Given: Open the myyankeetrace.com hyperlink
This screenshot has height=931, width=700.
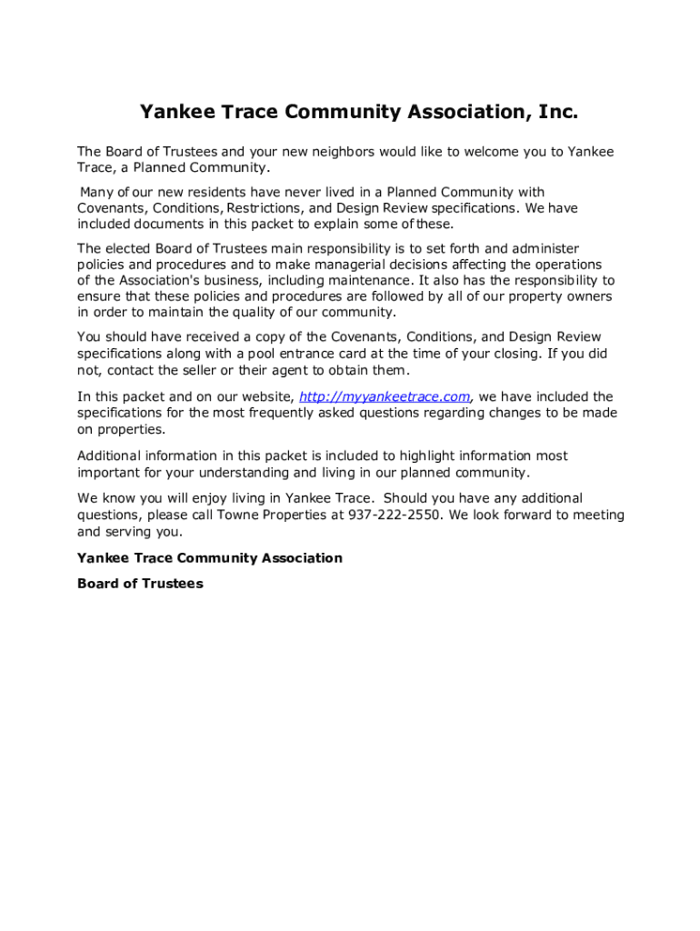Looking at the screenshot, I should (x=385, y=396).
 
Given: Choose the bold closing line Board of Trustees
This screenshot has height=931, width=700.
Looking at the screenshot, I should (x=140, y=584).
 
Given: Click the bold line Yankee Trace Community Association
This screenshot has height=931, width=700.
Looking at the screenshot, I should (x=210, y=558).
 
